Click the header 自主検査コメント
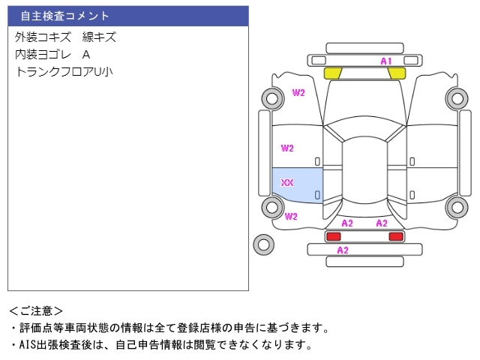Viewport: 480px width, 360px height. (64, 16)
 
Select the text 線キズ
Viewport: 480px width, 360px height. (99, 37)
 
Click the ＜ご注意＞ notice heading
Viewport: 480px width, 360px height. (37, 310)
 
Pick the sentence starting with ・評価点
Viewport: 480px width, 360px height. (169, 328)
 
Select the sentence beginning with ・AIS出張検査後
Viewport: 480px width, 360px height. (160, 345)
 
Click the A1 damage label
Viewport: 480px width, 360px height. (386, 61)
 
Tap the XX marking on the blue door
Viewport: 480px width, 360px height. (287, 183)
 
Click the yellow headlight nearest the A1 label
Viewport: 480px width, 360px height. (397, 73)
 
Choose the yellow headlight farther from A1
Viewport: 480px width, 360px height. (333, 73)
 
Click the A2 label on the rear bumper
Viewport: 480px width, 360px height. (342, 250)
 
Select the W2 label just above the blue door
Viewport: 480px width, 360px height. (287, 148)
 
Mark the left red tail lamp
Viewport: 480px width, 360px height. (332, 237)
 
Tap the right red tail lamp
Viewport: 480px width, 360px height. (395, 237)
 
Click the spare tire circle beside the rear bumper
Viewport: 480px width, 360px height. (263, 244)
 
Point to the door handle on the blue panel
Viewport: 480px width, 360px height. (317, 195)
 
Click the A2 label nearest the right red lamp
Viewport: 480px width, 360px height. (382, 223)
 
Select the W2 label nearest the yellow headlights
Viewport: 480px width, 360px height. (298, 93)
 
